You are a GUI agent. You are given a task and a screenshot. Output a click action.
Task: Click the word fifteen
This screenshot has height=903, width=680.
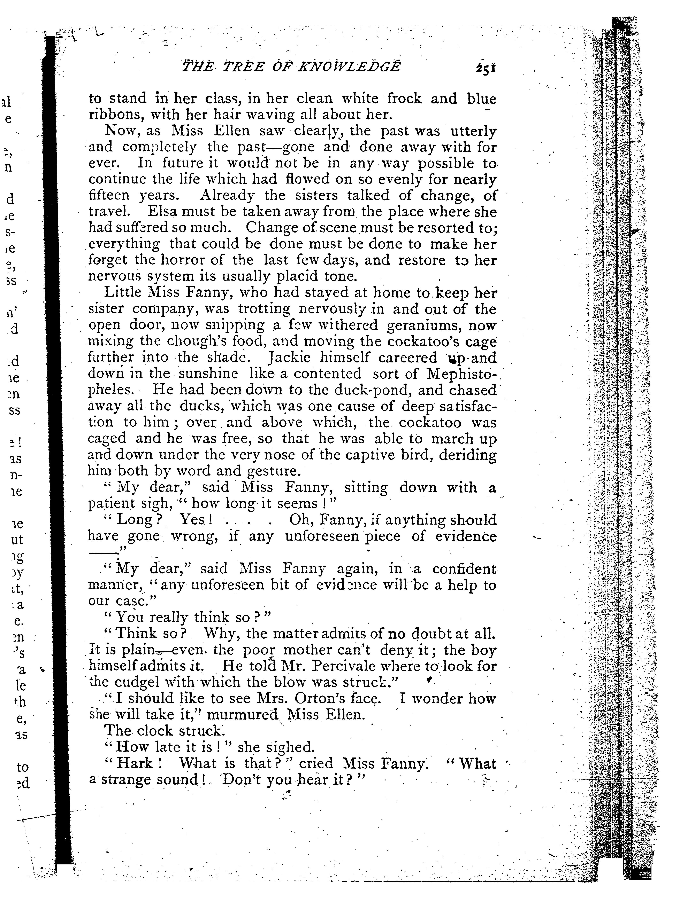[x=109, y=196]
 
